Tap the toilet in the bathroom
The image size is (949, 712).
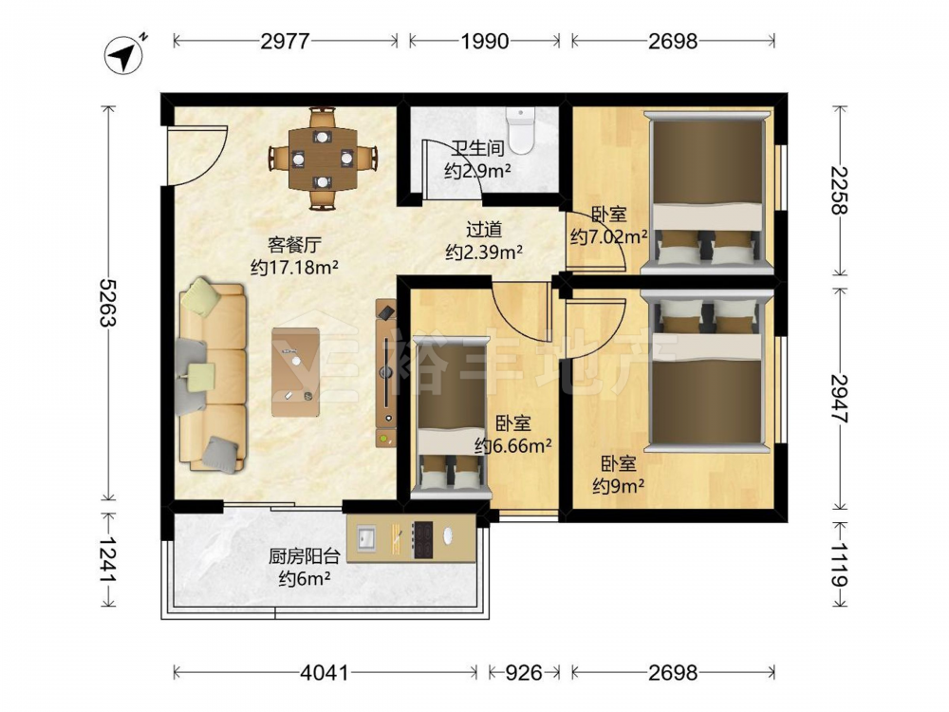(x=520, y=129)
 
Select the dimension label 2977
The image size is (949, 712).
(x=285, y=41)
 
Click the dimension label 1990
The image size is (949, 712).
(x=484, y=41)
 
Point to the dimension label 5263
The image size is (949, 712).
(x=109, y=302)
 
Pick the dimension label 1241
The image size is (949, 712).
(x=109, y=560)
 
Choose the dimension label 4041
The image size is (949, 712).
(x=325, y=673)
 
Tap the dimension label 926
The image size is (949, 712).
(x=524, y=673)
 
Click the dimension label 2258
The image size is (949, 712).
(x=840, y=190)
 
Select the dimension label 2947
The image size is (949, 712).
(x=840, y=399)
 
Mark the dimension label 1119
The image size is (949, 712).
(x=840, y=564)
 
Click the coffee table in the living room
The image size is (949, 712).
(x=295, y=372)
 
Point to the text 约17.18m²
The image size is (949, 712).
(x=295, y=267)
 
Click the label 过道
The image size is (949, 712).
(x=484, y=230)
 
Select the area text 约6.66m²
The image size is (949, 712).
(x=513, y=446)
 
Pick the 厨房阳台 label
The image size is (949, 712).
(x=305, y=556)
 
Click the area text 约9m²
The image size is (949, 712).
(x=618, y=485)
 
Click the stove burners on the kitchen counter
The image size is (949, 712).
(x=422, y=539)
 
